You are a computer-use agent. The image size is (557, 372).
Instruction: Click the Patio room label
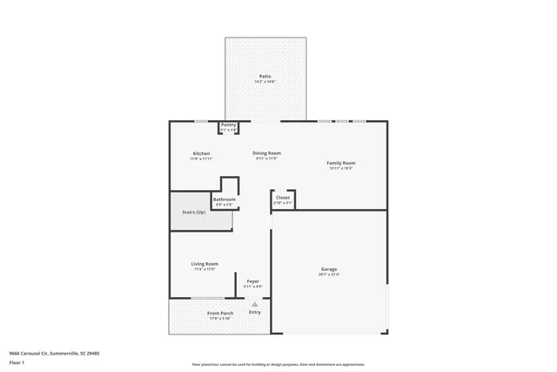pyautogui.click(x=265, y=76)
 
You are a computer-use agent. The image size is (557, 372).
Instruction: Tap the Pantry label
pyautogui.click(x=228, y=125)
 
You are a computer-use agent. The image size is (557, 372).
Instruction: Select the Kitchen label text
pyautogui.click(x=201, y=153)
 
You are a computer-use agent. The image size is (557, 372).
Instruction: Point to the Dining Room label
pyautogui.click(x=266, y=152)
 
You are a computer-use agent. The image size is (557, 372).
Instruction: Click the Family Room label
pyautogui.click(x=341, y=163)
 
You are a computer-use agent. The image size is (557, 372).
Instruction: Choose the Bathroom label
pyautogui.click(x=225, y=200)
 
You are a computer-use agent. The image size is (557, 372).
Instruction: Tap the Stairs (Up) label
pyautogui.click(x=193, y=212)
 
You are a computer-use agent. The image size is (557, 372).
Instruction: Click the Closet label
pyautogui.click(x=283, y=198)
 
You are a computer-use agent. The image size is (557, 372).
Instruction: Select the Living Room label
pyautogui.click(x=205, y=264)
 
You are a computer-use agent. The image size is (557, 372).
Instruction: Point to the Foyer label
pyautogui.click(x=253, y=281)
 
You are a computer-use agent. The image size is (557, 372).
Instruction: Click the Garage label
pyautogui.click(x=329, y=269)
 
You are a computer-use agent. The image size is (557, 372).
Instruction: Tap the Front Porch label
pyautogui.click(x=220, y=313)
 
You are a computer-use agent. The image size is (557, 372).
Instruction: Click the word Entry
pyautogui.click(x=254, y=312)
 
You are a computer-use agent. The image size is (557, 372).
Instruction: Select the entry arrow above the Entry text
pyautogui.click(x=254, y=304)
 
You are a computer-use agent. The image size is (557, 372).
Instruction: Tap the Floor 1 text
pyautogui.click(x=17, y=362)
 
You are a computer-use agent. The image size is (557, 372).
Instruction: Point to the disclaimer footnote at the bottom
pyautogui.click(x=278, y=365)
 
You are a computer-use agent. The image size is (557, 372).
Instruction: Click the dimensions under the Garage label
pyautogui.click(x=329, y=274)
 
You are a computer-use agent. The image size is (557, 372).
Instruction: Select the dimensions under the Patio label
pyautogui.click(x=265, y=82)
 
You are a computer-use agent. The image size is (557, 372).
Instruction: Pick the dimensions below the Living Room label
pyautogui.click(x=205, y=269)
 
